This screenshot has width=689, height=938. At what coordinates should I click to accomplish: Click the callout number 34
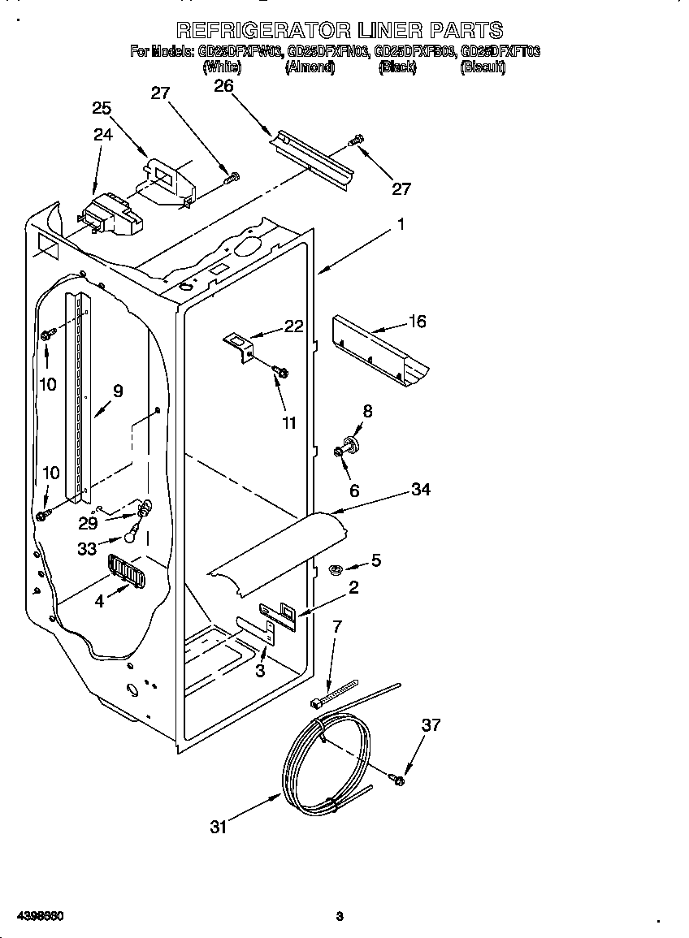tap(420, 489)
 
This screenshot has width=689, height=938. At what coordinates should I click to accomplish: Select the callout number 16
tap(417, 322)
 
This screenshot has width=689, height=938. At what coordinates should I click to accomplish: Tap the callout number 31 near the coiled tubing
tap(219, 827)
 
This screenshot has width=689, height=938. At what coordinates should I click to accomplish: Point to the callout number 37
tap(431, 724)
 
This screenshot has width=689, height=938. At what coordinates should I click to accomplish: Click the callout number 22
tap(293, 326)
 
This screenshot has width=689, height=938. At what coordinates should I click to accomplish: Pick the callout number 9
tap(118, 391)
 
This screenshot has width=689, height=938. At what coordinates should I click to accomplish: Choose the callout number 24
tap(103, 135)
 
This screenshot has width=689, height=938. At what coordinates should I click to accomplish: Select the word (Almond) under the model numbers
tap(310, 68)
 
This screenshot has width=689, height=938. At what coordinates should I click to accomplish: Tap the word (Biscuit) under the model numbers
tap(483, 68)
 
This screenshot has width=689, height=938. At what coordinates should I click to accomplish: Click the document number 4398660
tap(33, 916)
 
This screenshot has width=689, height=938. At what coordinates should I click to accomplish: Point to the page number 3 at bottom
tap(340, 916)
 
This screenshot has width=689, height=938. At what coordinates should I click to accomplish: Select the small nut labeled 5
tap(334, 569)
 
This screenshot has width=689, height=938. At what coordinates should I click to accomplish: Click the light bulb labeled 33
tap(131, 534)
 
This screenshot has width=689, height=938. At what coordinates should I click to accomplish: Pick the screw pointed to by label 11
tap(280, 371)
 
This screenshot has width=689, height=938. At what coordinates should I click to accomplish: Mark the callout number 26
tap(223, 86)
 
